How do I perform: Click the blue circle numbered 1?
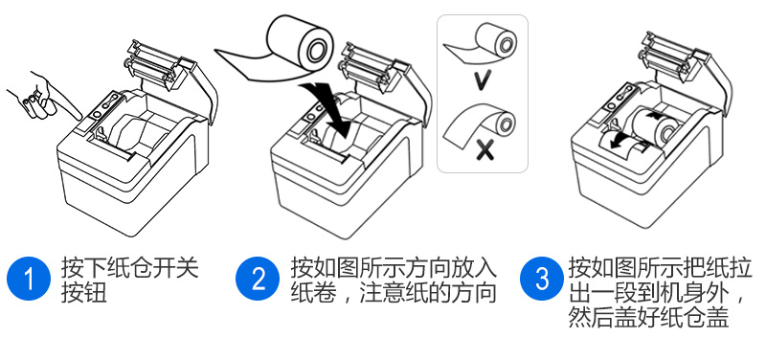[29, 279]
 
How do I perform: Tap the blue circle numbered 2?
[258, 279]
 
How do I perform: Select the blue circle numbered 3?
[541, 279]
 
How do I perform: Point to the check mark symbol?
[483, 79]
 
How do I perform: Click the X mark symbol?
[484, 149]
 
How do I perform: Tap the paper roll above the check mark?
[482, 41]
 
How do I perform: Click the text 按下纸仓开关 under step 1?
[129, 268]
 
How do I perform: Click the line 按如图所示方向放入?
[394, 268]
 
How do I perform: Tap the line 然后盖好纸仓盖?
[648, 318]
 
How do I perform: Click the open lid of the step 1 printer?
[169, 74]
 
